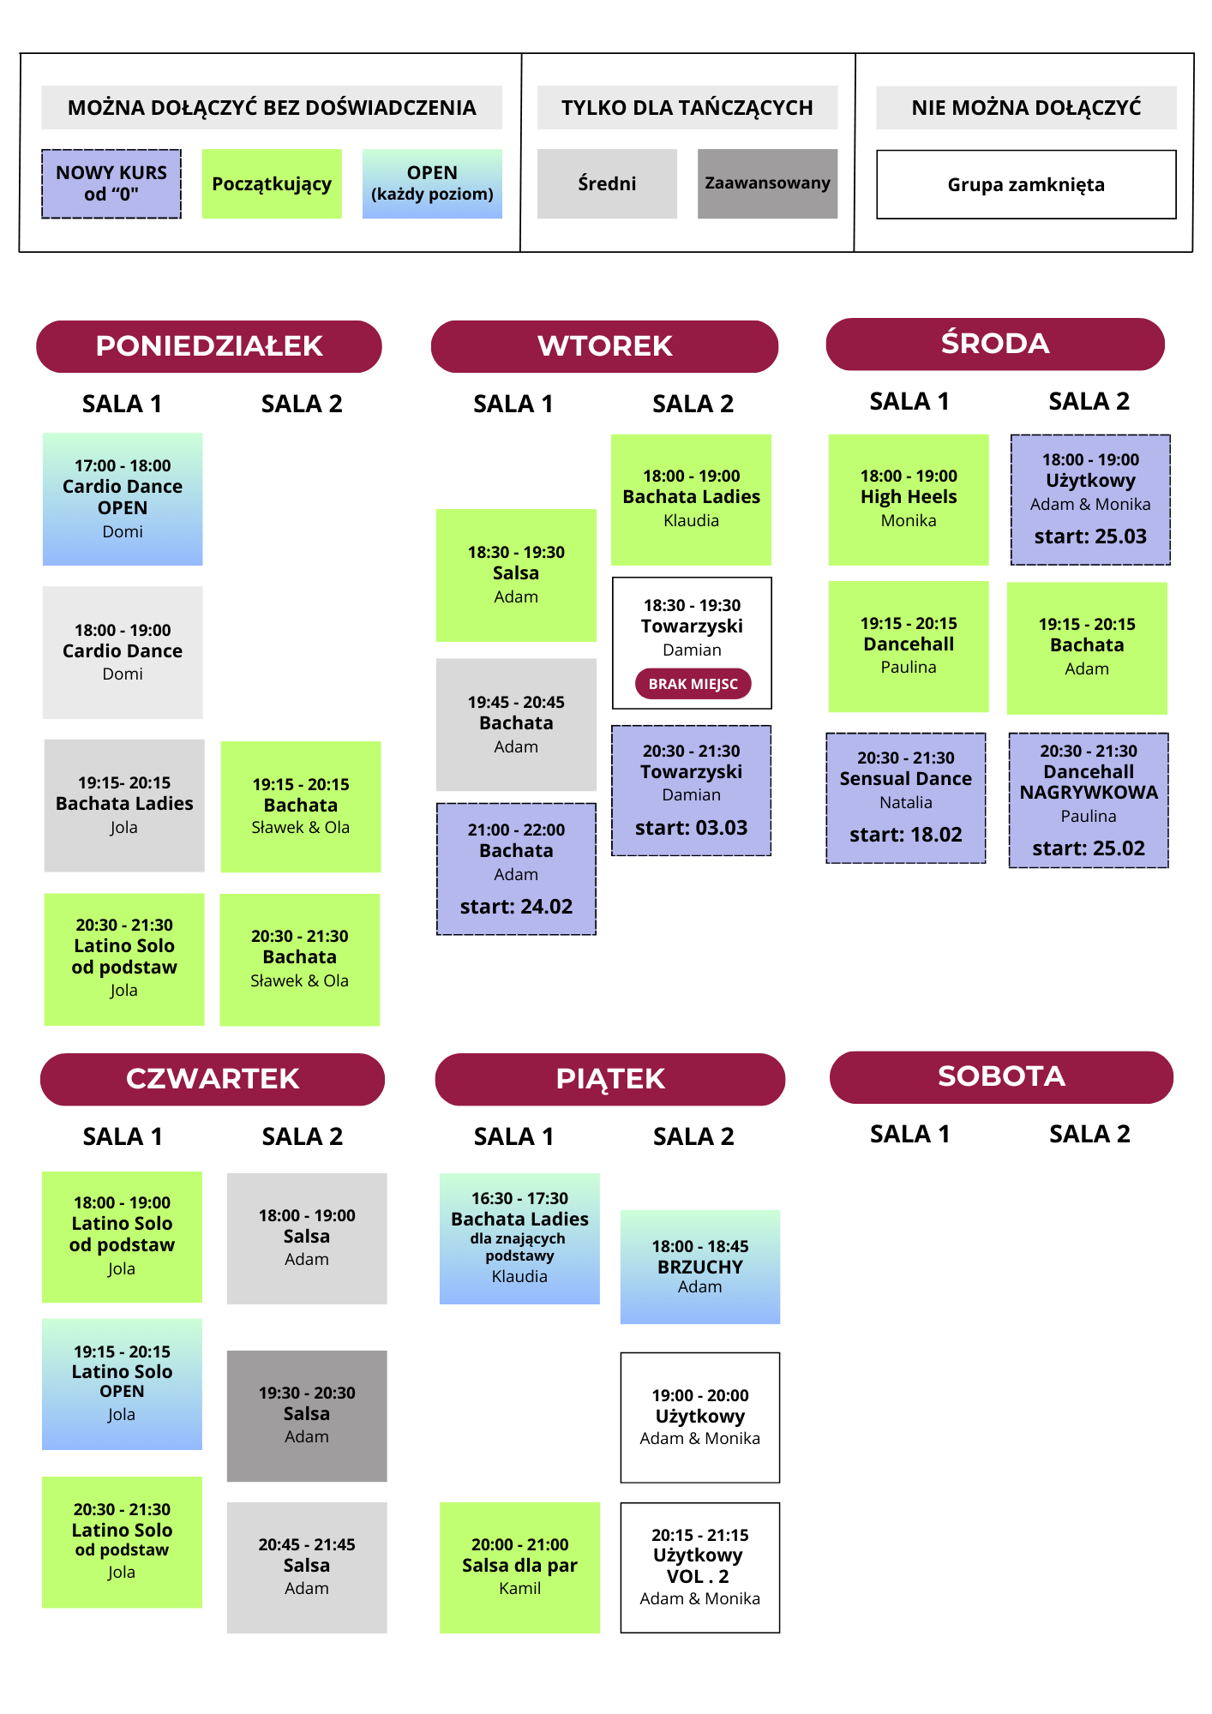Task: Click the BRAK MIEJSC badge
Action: (693, 684)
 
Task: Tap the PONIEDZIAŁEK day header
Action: (209, 346)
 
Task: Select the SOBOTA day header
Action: (1000, 1076)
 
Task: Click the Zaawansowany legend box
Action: (767, 183)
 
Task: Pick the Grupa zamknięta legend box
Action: (1026, 185)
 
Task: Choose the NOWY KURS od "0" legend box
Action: (111, 183)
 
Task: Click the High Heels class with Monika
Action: (909, 499)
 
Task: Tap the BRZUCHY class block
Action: (700, 1267)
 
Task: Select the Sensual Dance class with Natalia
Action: (906, 798)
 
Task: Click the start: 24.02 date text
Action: (516, 907)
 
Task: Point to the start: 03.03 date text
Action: (691, 828)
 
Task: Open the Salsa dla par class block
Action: (519, 1567)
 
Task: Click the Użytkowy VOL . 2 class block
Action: (700, 1567)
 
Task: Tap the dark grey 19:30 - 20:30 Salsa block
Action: (307, 1415)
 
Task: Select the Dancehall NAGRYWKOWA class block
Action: (1089, 800)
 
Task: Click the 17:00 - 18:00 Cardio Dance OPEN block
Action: (123, 499)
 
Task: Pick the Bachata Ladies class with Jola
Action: (124, 805)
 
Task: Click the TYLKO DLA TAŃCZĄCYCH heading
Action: (687, 108)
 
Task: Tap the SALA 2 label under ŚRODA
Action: (1089, 401)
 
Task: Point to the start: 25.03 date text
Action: (1090, 536)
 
